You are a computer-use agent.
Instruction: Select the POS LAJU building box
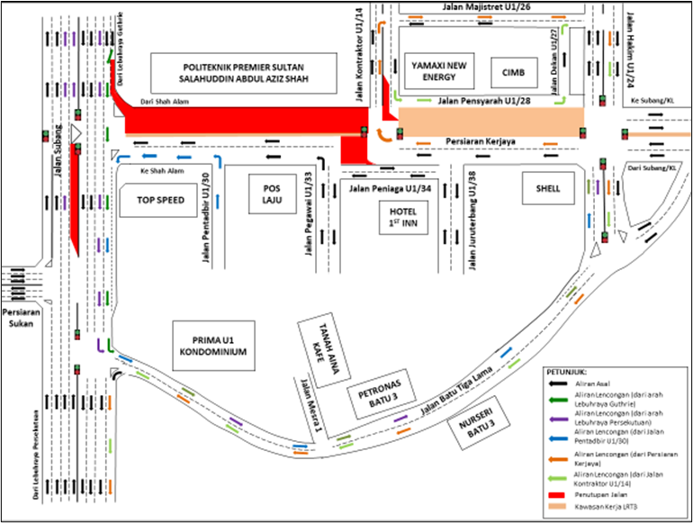pyautogui.click(x=272, y=194)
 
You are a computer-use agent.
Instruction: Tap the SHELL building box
pyautogui.click(x=546, y=189)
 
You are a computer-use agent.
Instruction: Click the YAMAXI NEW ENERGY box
pyautogui.click(x=437, y=71)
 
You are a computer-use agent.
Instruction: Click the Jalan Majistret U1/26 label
pyautogui.click(x=486, y=6)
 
